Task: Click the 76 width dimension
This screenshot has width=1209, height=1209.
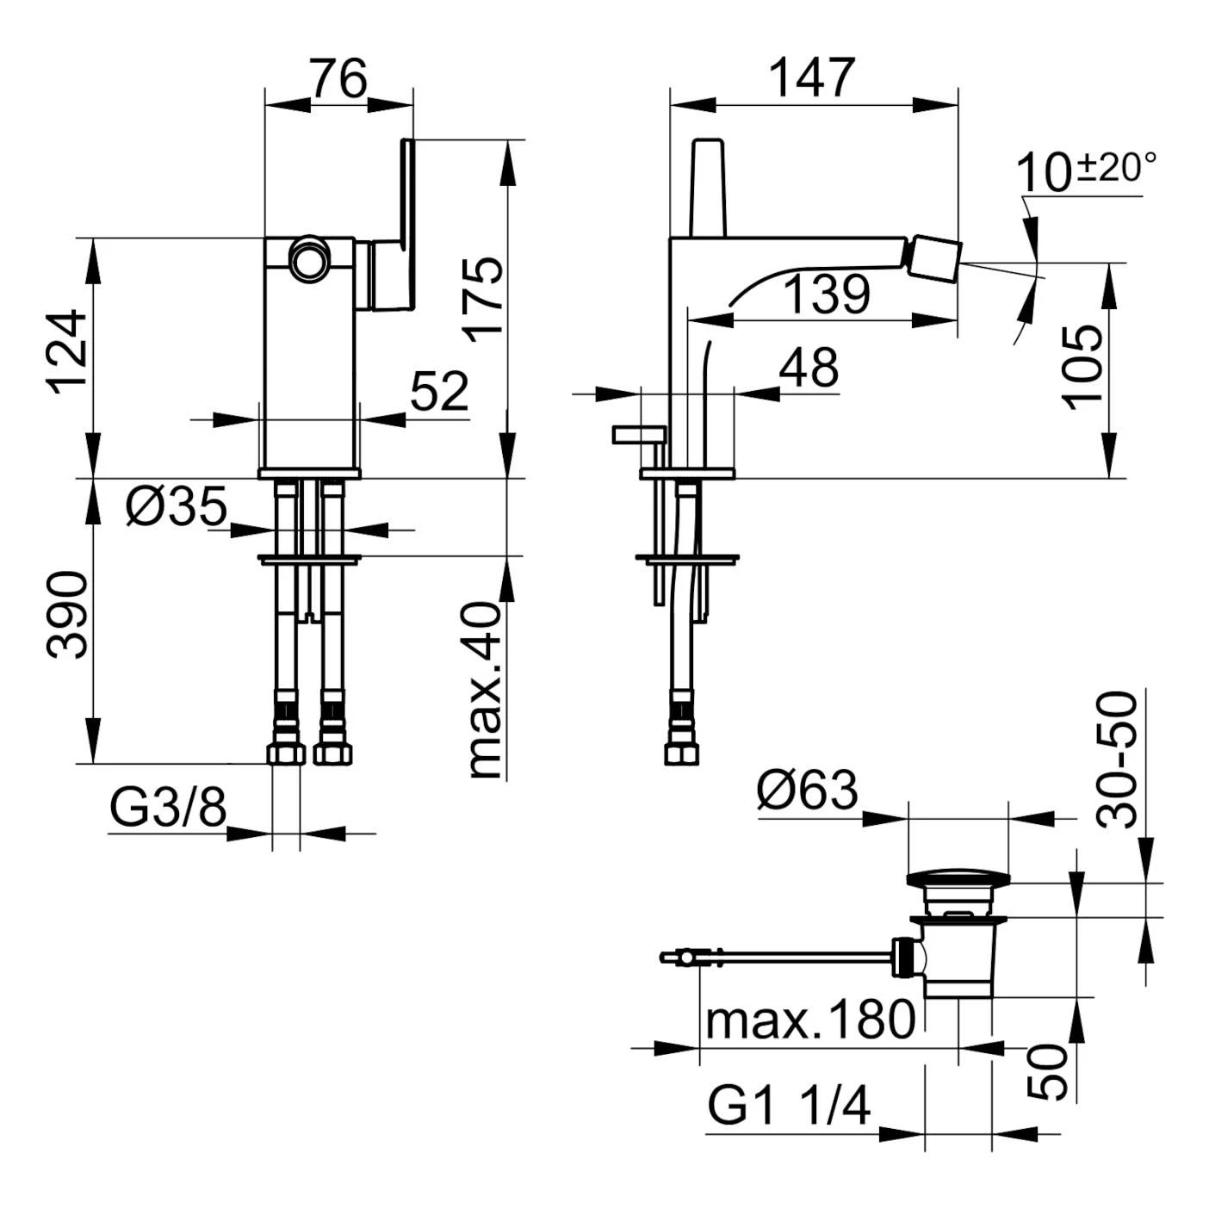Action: click(339, 79)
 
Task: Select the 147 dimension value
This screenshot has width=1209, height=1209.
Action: click(812, 79)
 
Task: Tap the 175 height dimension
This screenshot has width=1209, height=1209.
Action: click(485, 298)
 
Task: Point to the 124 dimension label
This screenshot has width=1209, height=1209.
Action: click(69, 351)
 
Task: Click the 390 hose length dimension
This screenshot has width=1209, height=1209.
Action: click(69, 614)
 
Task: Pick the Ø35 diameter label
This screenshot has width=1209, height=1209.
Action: click(177, 506)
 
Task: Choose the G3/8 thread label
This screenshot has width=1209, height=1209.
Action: click(169, 807)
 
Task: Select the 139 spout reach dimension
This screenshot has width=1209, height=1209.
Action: click(828, 294)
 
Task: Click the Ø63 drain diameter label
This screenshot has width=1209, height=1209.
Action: click(808, 790)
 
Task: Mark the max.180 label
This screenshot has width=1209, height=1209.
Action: click(809, 1020)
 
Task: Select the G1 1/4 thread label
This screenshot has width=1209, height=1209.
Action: click(789, 1106)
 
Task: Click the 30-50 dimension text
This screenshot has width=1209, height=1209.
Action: click(1118, 760)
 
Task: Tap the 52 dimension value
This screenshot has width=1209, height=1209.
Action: click(439, 392)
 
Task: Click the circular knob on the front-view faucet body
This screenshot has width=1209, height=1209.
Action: click(307, 259)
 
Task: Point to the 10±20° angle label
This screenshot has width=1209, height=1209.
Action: click(1085, 170)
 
